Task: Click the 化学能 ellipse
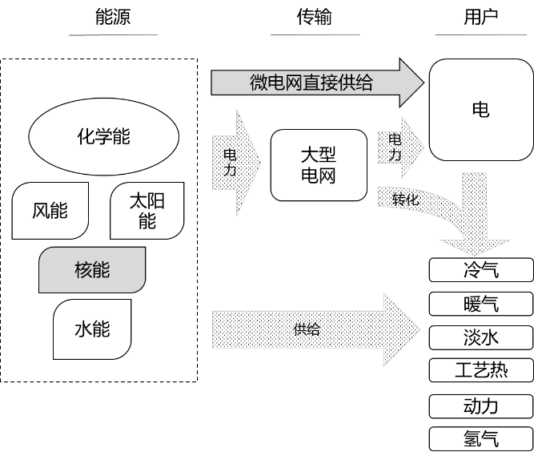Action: [x=103, y=136]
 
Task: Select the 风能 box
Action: [x=50, y=211]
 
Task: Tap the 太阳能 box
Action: [x=147, y=211]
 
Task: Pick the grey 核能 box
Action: [x=92, y=270]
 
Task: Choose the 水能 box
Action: [x=92, y=329]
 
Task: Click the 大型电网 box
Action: [x=319, y=165]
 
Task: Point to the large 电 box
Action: [x=480, y=111]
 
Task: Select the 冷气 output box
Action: [x=480, y=270]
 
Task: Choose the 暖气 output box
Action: [x=480, y=304]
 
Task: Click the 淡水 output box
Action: [x=480, y=337]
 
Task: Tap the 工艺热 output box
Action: [x=480, y=370]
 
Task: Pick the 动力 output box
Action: [x=480, y=406]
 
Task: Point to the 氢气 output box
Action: [x=480, y=439]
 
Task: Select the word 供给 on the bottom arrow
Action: [x=307, y=329]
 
